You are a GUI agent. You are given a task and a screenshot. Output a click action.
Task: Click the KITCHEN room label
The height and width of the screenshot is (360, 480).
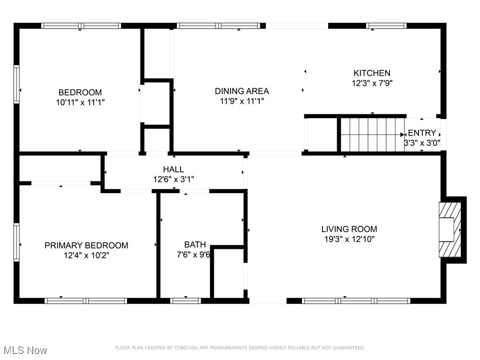(372, 73)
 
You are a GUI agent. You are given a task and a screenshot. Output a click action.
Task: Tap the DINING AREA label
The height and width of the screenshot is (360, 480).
(242, 91)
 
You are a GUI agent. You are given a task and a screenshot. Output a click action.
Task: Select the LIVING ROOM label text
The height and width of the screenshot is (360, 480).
(349, 229)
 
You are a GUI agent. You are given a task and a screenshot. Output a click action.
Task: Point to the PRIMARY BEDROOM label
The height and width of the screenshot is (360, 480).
(86, 246)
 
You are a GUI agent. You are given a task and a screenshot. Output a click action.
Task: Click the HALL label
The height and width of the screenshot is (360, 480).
(173, 169)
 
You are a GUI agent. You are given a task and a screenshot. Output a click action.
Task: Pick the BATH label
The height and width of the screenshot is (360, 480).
(195, 245)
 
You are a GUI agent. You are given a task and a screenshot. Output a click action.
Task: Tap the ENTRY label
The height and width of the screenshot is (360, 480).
(422, 133)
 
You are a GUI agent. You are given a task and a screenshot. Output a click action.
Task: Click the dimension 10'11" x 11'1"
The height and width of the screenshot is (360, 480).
(80, 102)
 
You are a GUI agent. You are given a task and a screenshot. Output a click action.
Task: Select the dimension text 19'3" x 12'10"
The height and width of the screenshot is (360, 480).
(349, 239)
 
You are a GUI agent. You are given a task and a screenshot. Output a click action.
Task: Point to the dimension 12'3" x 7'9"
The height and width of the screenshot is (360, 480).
(372, 83)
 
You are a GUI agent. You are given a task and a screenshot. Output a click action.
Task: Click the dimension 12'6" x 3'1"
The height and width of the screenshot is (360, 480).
(173, 179)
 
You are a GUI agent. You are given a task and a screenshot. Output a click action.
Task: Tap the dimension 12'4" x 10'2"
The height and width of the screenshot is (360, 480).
(86, 255)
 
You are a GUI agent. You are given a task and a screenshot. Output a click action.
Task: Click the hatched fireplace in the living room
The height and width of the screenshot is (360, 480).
(450, 230)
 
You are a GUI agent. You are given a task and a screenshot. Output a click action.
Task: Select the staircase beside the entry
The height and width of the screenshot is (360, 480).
(373, 135)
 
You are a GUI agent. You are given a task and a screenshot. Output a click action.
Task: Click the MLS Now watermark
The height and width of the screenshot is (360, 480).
(25, 350)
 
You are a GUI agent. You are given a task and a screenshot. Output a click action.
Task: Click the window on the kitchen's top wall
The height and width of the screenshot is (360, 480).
(386, 26)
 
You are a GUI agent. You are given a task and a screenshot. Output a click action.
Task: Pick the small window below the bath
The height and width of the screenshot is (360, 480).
(186, 300)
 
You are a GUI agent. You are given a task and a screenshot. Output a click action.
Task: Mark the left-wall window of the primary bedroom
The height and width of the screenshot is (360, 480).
(16, 242)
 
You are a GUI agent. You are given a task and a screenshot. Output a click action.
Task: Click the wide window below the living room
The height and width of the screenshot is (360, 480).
(356, 300)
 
